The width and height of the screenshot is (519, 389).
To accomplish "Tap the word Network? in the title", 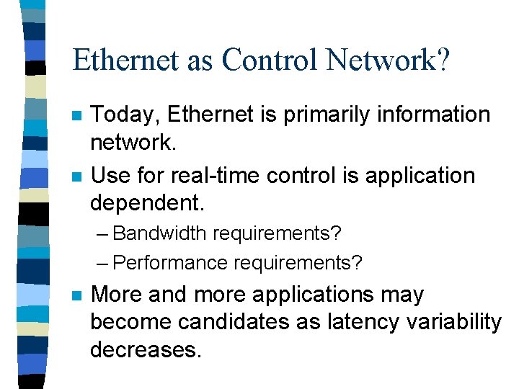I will pyautogui.click(x=388, y=60).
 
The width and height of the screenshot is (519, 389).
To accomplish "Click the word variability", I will pyautogui.click(x=452, y=322).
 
